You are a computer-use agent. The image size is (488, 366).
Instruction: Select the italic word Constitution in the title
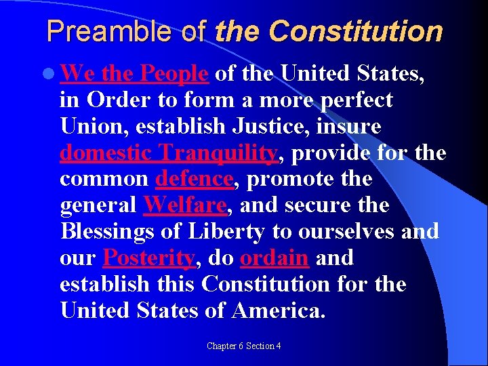coord(356,31)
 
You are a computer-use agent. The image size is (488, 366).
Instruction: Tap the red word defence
coord(195,179)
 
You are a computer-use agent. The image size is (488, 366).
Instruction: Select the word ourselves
coord(346,231)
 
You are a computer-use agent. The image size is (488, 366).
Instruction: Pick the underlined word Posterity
coord(148,258)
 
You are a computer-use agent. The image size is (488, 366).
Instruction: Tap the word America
coord(279,310)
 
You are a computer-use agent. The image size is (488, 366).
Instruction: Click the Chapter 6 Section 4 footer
coord(243,346)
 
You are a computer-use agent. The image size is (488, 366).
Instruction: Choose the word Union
coord(87,127)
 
